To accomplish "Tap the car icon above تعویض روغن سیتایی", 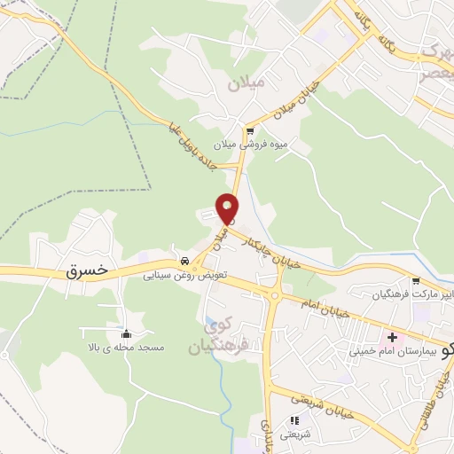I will coord(184,262).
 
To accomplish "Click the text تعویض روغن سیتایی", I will coord(187,276).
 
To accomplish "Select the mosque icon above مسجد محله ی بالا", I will coord(125,334).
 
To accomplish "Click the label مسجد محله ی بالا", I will coord(123,348).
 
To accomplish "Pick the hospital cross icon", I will coord(392,338).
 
